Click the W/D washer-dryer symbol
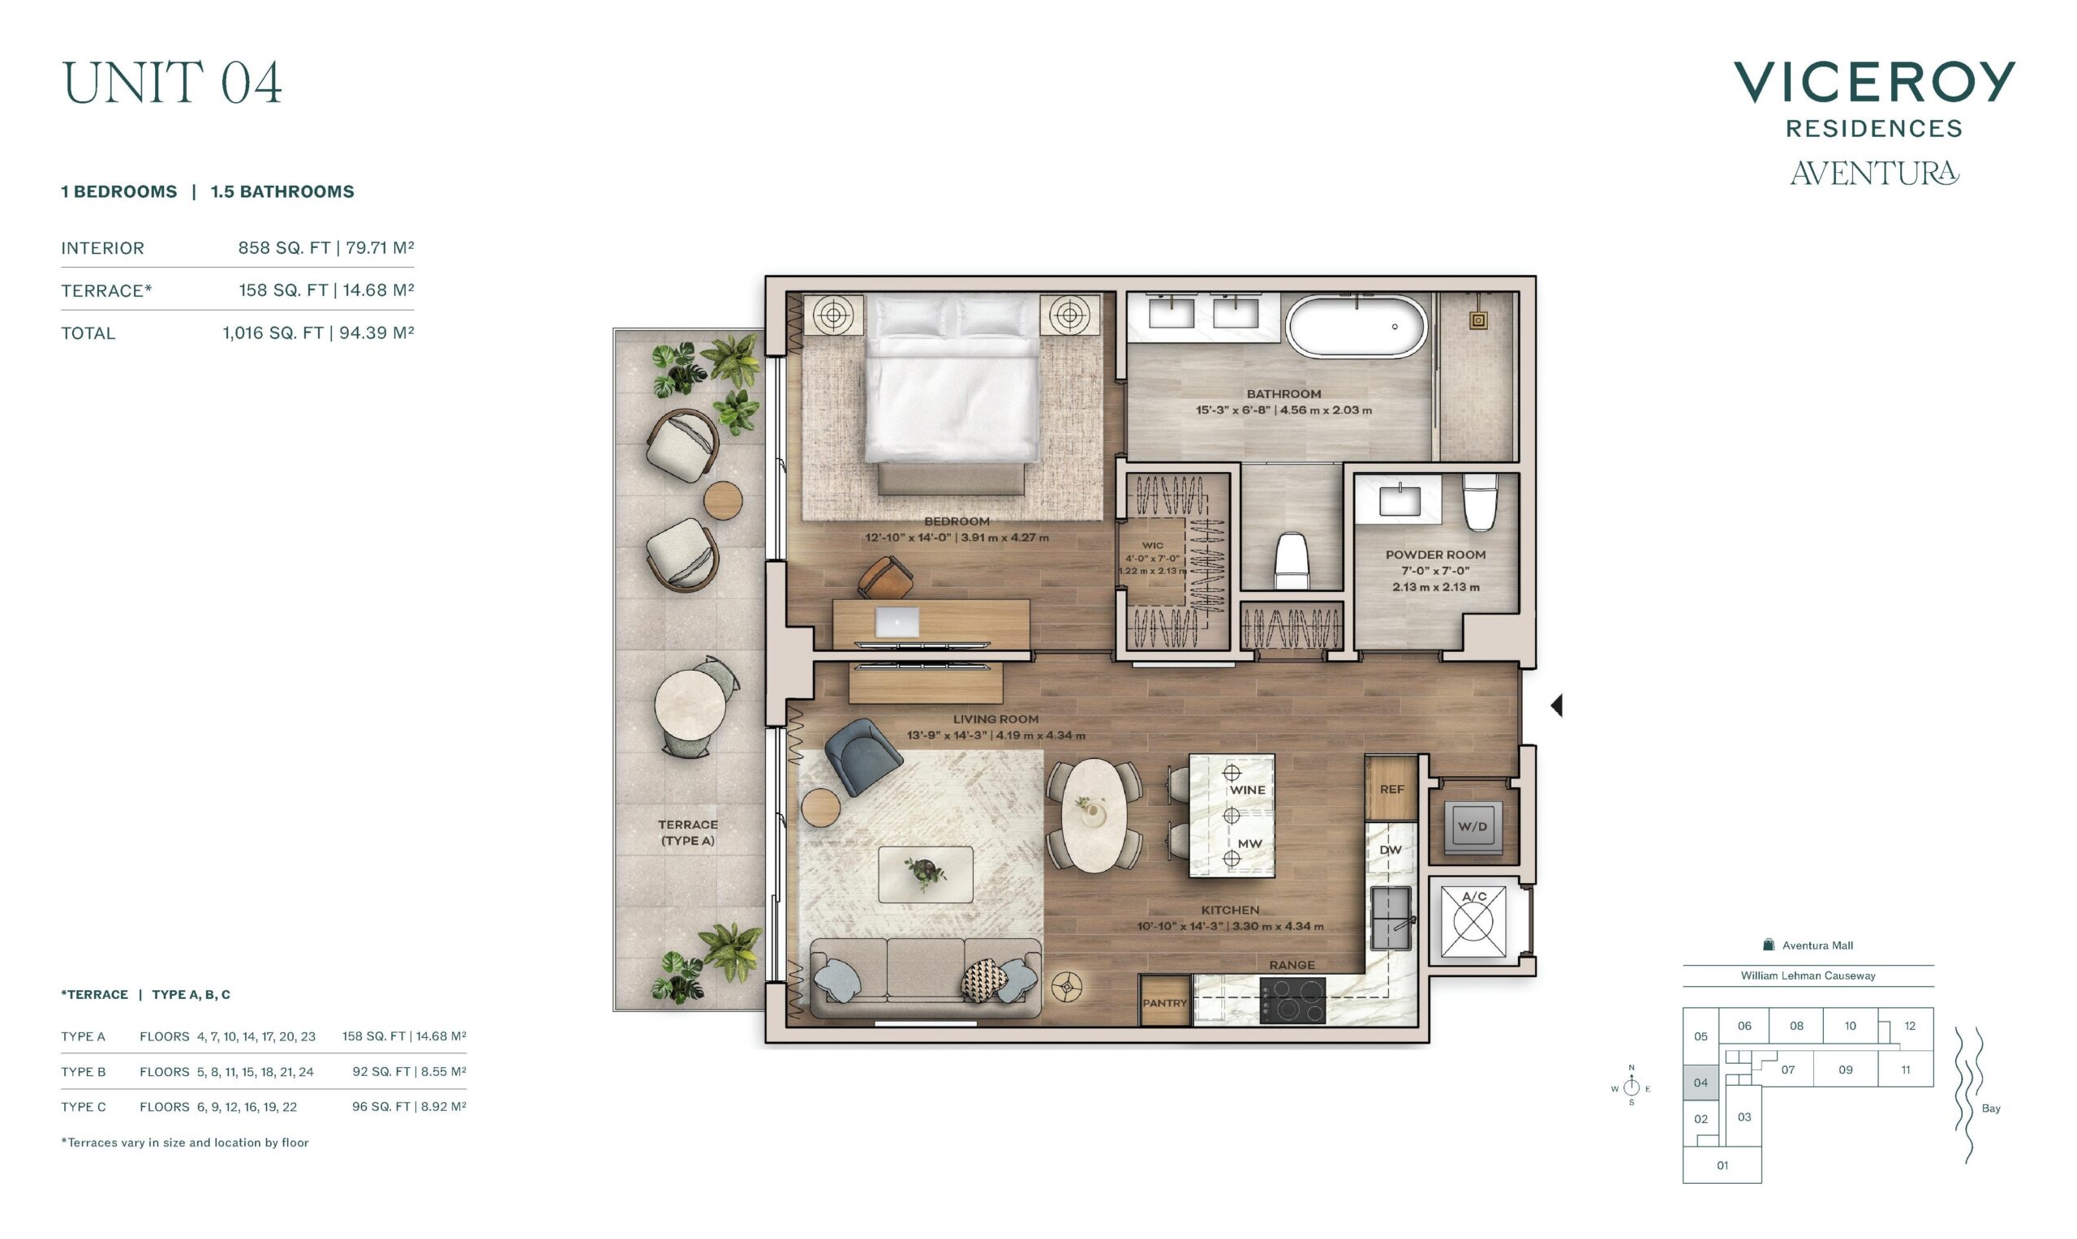tap(1473, 826)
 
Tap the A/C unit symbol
tap(1473, 921)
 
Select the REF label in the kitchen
tap(1391, 789)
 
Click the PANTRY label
tap(1164, 1003)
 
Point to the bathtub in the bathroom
tap(1357, 327)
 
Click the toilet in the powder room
tap(1480, 502)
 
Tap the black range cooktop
tap(1292, 999)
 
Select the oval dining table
tap(1093, 815)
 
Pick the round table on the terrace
tap(690, 706)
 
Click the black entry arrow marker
tap(1556, 705)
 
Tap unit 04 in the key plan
tap(1701, 1083)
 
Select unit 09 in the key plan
tap(1846, 1070)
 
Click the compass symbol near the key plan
tap(1631, 1087)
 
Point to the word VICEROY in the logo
tap(1874, 82)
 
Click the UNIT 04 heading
tap(172, 83)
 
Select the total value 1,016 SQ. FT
tap(273, 333)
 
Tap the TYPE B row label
tap(84, 1072)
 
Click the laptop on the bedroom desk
tap(897, 622)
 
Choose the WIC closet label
tap(1153, 545)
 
